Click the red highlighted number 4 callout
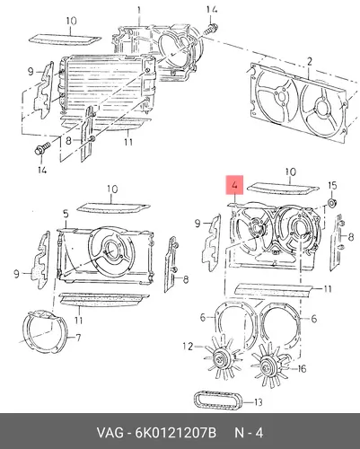pyautogui.click(x=234, y=185)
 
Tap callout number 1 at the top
pyautogui.click(x=139, y=11)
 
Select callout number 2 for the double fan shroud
pyautogui.click(x=310, y=62)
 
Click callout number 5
pyautogui.click(x=66, y=214)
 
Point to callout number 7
pyautogui.click(x=78, y=338)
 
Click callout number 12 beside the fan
pyautogui.click(x=188, y=347)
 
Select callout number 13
pyautogui.click(x=258, y=402)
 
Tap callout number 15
pyautogui.click(x=332, y=186)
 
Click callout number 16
pyautogui.click(x=302, y=368)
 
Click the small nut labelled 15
pyautogui.click(x=332, y=204)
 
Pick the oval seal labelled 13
pyautogui.click(x=218, y=400)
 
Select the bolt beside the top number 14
pyautogui.click(x=211, y=30)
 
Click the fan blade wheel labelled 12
pyautogui.click(x=222, y=358)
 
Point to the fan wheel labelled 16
pyautogui.click(x=268, y=368)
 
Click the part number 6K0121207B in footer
pyautogui.click(x=176, y=432)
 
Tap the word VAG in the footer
pyautogui.click(x=110, y=432)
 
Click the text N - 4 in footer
pyautogui.click(x=249, y=432)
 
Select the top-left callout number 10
pyautogui.click(x=71, y=21)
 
